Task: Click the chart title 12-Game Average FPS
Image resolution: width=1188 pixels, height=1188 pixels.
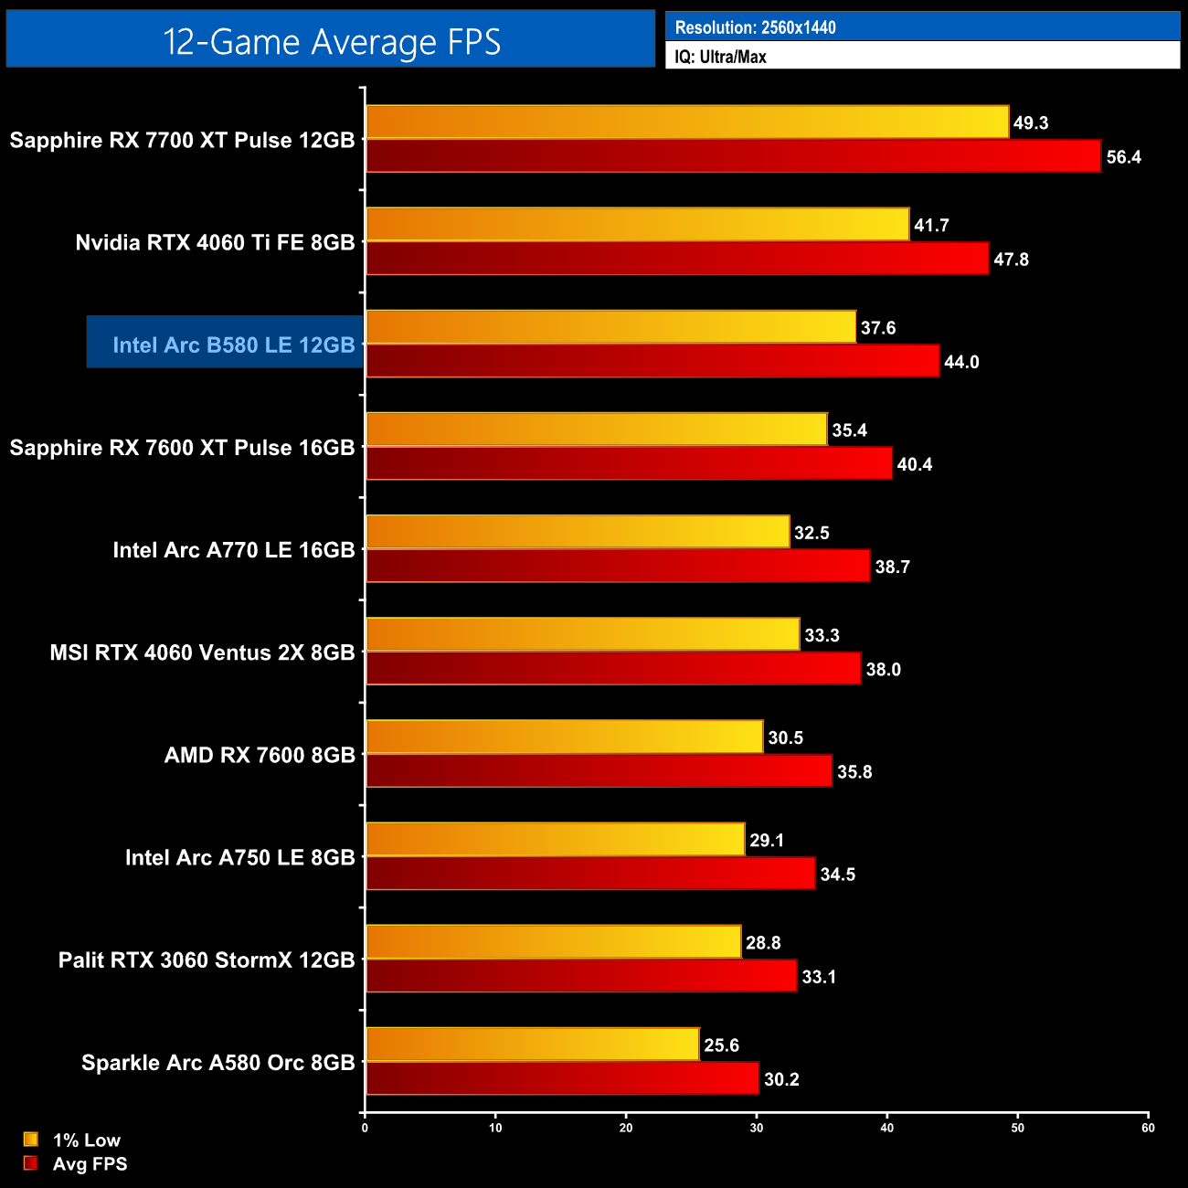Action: pyautogui.click(x=331, y=41)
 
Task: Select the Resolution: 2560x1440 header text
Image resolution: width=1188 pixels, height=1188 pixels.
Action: pyautogui.click(x=755, y=27)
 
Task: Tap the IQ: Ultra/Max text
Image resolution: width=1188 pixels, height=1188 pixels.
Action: pyautogui.click(x=720, y=57)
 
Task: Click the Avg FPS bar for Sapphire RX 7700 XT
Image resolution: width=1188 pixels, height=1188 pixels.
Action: pyautogui.click(x=733, y=156)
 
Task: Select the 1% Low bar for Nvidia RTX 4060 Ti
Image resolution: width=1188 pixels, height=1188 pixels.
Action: pyautogui.click(x=638, y=225)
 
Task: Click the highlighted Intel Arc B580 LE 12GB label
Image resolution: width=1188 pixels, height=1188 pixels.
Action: pyautogui.click(x=233, y=345)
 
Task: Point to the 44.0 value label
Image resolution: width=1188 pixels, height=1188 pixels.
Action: pyautogui.click(x=961, y=362)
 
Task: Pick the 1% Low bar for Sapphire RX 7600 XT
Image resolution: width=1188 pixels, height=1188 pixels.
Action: pyautogui.click(x=597, y=430)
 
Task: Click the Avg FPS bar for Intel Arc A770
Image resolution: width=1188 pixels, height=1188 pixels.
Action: pyautogui.click(x=618, y=566)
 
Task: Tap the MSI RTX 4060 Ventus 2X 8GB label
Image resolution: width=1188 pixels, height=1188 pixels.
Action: pyautogui.click(x=202, y=652)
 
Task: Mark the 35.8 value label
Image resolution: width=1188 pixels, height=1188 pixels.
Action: pyautogui.click(x=854, y=772)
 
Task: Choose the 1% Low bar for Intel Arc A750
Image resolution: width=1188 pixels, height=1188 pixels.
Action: pyautogui.click(x=556, y=840)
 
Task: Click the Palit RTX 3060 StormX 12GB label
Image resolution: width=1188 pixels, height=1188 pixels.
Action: pyautogui.click(x=207, y=960)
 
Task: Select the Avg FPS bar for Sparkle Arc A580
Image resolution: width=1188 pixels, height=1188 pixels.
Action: pyautogui.click(x=562, y=1078)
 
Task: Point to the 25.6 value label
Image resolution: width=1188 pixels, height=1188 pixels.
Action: pyautogui.click(x=721, y=1045)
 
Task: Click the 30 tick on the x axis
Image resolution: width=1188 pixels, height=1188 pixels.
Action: pyautogui.click(x=757, y=1128)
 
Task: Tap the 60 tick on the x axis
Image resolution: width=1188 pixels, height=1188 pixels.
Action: pyautogui.click(x=1148, y=1128)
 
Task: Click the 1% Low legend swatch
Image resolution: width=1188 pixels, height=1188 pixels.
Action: pyautogui.click(x=31, y=1140)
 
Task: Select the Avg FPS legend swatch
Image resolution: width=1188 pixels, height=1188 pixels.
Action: pyautogui.click(x=31, y=1163)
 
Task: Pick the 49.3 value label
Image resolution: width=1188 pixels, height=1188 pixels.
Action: pyautogui.click(x=1031, y=122)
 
